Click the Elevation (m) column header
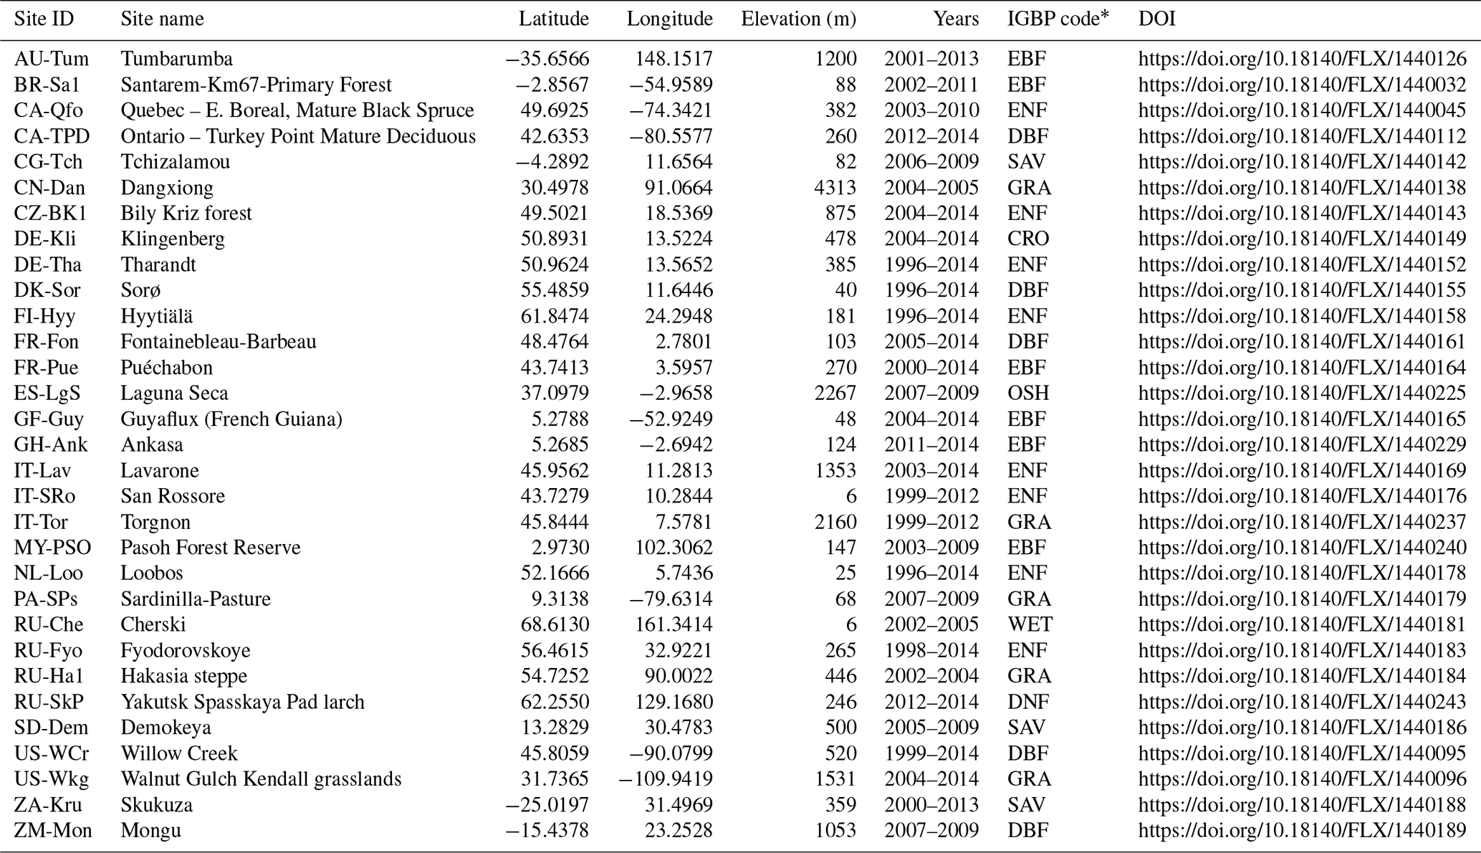[x=798, y=19]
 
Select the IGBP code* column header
[x=1058, y=19]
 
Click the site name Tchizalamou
[x=175, y=162]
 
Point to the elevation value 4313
[x=835, y=188]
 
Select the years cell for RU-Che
[x=931, y=624]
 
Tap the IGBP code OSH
[x=1027, y=394]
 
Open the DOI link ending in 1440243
[x=1302, y=702]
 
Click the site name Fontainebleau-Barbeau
[x=218, y=342]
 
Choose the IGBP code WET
[x=1030, y=624]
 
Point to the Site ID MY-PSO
[x=52, y=548]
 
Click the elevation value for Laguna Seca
[x=835, y=394]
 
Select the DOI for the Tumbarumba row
[x=1302, y=59]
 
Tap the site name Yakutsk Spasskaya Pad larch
[x=242, y=702]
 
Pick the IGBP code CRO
[x=1028, y=239]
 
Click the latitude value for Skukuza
[x=547, y=805]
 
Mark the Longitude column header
[x=669, y=19]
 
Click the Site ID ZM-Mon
[x=53, y=831]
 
